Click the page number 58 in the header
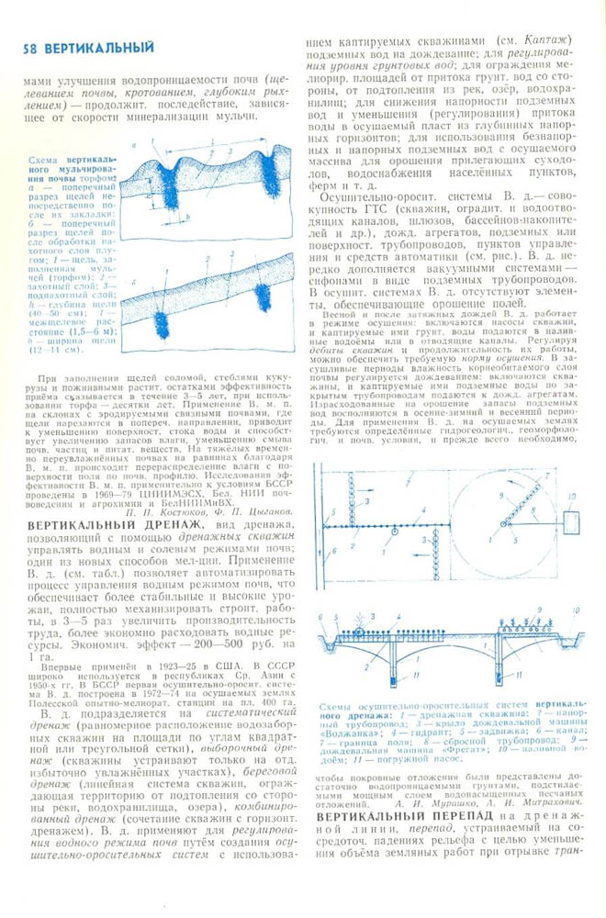16,47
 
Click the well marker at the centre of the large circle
502,524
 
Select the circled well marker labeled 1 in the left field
394,532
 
